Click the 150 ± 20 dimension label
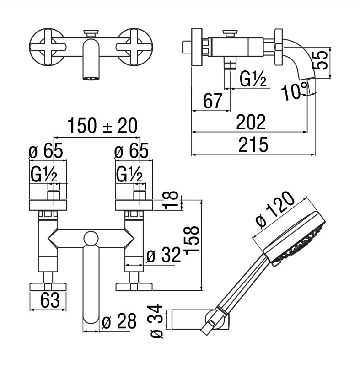102,126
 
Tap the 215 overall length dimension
253,145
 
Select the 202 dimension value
251,123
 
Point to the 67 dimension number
213,101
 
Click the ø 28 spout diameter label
119,322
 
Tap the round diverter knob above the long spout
91,239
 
